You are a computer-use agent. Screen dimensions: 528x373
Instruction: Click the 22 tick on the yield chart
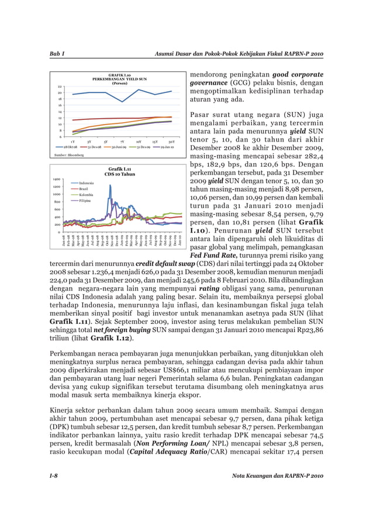pyautogui.click(x=60, y=87)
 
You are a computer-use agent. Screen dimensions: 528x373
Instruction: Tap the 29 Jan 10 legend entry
pyautogui.click(x=168, y=147)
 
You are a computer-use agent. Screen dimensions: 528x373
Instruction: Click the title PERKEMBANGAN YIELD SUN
pyautogui.click(x=119, y=78)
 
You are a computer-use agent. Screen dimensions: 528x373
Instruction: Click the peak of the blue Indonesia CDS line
pyautogui.click(x=110, y=185)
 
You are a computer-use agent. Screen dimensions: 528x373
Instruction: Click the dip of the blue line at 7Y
pyautogui.click(x=122, y=102)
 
